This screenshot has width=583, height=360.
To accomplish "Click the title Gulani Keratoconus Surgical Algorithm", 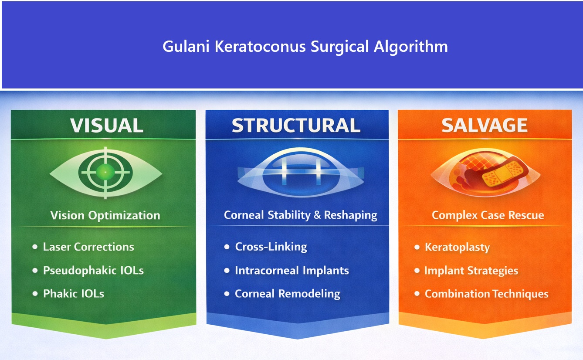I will click(305, 46).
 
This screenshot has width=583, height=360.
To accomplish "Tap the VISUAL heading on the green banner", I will click(107, 125).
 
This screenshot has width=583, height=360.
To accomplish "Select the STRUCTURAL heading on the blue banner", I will click(296, 125).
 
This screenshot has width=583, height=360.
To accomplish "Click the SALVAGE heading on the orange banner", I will click(485, 125).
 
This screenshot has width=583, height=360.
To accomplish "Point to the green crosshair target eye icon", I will click(105, 173).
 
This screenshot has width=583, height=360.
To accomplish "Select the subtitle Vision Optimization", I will click(105, 215).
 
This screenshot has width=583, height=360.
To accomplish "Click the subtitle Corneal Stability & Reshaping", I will click(300, 215).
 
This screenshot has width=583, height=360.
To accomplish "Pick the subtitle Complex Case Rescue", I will click(488, 215).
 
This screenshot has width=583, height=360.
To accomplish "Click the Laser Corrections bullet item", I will click(88, 247).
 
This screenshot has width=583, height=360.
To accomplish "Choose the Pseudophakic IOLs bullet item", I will click(93, 270).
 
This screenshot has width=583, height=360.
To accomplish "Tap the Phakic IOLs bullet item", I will click(74, 293).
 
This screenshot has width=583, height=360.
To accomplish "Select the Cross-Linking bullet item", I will click(271, 247).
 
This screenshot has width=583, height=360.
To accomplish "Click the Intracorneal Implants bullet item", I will click(292, 270).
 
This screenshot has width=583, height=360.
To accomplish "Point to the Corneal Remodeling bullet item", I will click(288, 293).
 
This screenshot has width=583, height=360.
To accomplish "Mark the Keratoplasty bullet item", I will click(458, 247).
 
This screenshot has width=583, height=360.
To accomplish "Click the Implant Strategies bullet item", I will click(471, 271).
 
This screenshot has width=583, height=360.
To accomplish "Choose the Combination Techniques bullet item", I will click(486, 294).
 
